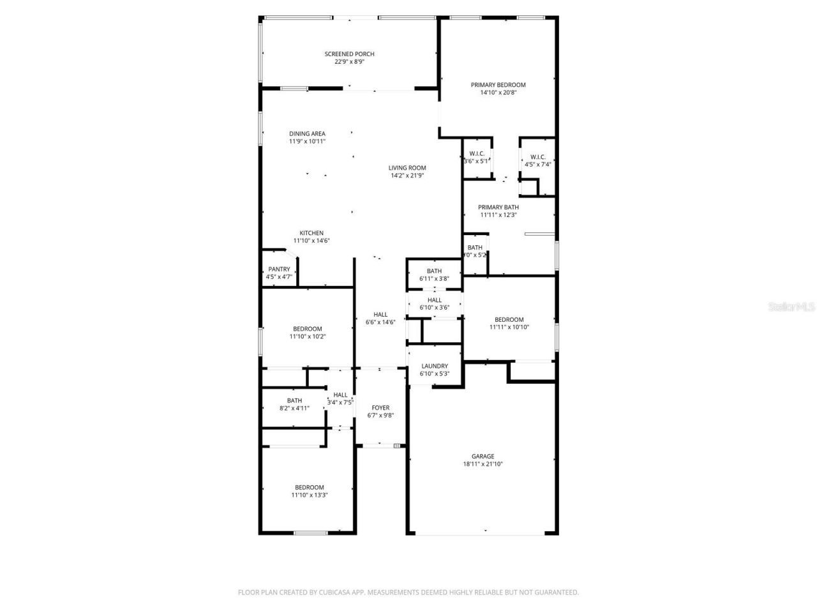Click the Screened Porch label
point(349,54)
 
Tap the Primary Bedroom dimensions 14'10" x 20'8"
point(498,93)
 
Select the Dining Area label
point(307,134)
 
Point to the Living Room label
point(407,168)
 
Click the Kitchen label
point(311,233)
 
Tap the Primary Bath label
point(498,207)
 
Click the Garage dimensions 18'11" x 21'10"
point(483,464)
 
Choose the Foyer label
point(380,408)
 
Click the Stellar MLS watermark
point(791,306)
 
